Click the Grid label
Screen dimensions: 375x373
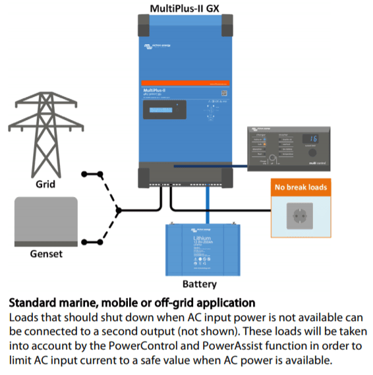pyautogui.click(x=45, y=185)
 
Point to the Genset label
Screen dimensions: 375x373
pyautogui.click(x=45, y=254)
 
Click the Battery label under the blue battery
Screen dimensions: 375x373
pyautogui.click(x=199, y=284)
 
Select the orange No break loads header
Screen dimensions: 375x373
pyautogui.click(x=300, y=188)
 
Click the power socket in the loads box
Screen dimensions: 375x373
pyautogui.click(x=300, y=216)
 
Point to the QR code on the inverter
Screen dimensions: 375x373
pyautogui.click(x=223, y=94)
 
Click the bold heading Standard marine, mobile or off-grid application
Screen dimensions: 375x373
pyautogui.click(x=131, y=304)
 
